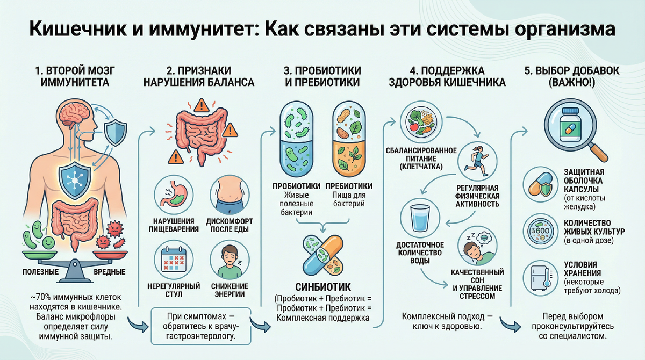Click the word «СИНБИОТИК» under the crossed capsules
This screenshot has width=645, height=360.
pyautogui.click(x=321, y=284)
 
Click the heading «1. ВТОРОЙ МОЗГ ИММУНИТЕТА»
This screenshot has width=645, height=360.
pyautogui.click(x=75, y=77)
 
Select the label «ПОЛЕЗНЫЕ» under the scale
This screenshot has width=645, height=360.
pyautogui.click(x=41, y=272)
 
